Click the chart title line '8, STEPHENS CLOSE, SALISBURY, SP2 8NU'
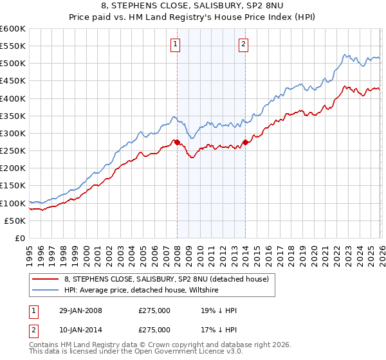[x=192, y=7]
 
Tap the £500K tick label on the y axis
[x=13, y=64]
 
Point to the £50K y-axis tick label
[x=15, y=221]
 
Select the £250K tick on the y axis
[x=13, y=151]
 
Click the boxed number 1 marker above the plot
[x=176, y=44]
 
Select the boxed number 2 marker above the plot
[x=244, y=44]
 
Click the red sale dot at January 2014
[x=244, y=142]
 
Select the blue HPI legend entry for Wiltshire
[x=141, y=290]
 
